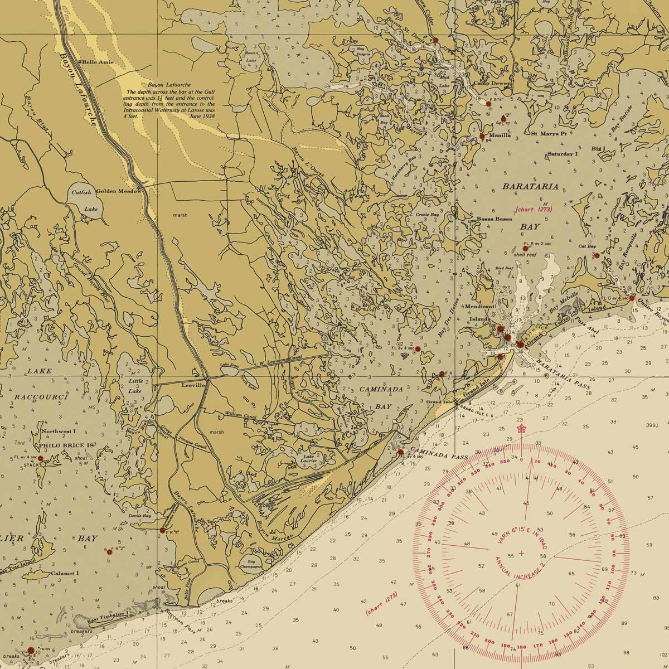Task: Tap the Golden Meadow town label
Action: (x=119, y=191)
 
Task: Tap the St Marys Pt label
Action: (x=549, y=134)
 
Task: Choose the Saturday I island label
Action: (x=563, y=154)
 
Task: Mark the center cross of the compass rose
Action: (x=521, y=553)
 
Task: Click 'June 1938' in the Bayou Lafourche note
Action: (x=202, y=117)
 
